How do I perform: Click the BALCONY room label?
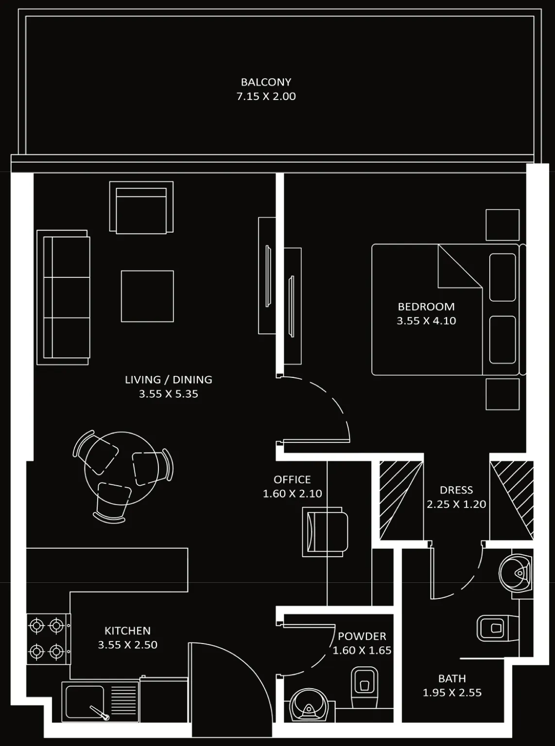(x=266, y=82)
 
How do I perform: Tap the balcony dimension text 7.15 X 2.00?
(x=266, y=97)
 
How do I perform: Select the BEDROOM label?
(x=426, y=307)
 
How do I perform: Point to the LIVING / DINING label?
(x=168, y=380)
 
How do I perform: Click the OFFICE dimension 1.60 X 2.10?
(x=292, y=494)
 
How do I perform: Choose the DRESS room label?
(x=456, y=490)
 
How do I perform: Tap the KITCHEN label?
(x=127, y=630)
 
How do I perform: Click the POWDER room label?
(x=362, y=636)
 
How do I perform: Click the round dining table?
(x=121, y=468)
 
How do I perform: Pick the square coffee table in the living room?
(x=147, y=296)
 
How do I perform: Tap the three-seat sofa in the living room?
(x=63, y=297)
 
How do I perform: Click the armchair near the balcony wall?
(x=141, y=207)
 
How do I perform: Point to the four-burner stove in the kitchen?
(x=49, y=639)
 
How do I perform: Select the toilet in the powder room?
(x=364, y=688)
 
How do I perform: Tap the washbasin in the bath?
(x=515, y=573)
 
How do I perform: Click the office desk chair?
(x=325, y=532)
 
